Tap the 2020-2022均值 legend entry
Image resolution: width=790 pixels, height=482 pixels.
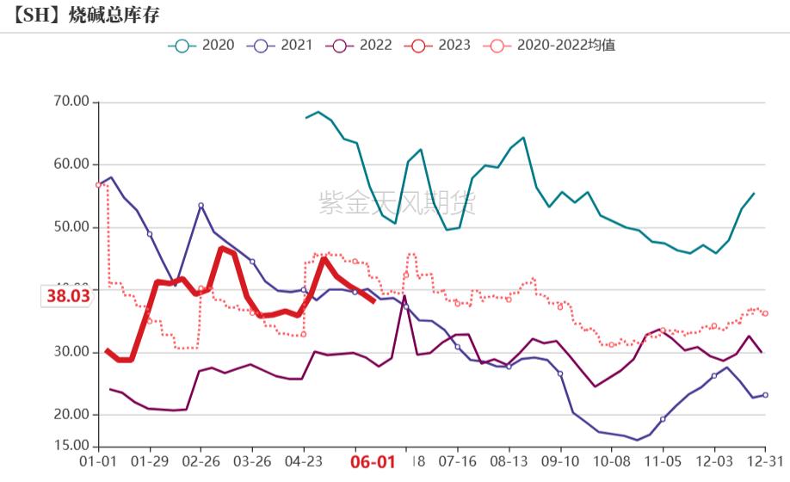(549, 46)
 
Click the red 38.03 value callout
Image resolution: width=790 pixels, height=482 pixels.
(68, 296)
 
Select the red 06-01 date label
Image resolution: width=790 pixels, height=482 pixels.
(373, 461)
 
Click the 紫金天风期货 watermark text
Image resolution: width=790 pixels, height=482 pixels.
(397, 203)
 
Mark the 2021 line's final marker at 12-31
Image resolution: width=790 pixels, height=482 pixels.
(765, 395)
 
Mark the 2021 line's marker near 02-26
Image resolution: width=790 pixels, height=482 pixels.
(201, 206)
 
